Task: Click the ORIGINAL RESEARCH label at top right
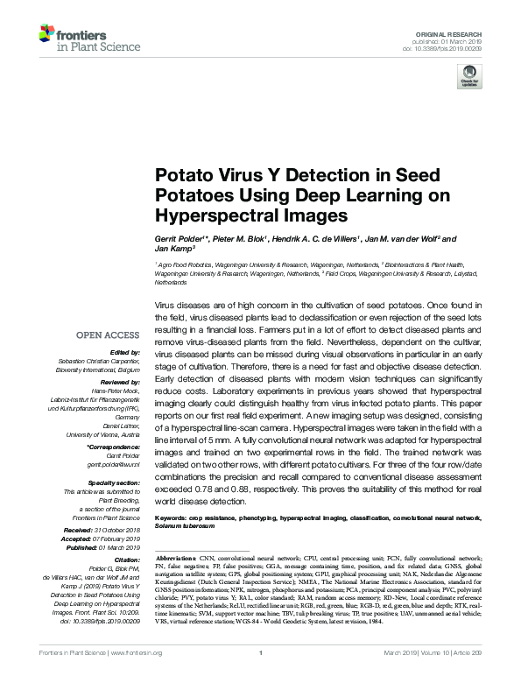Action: pyautogui.click(x=461, y=32)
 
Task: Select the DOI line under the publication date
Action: pyautogui.click(x=461, y=48)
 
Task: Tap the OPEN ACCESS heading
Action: pyautogui.click(x=107, y=335)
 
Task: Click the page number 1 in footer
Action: pyautogui.click(x=261, y=677)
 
